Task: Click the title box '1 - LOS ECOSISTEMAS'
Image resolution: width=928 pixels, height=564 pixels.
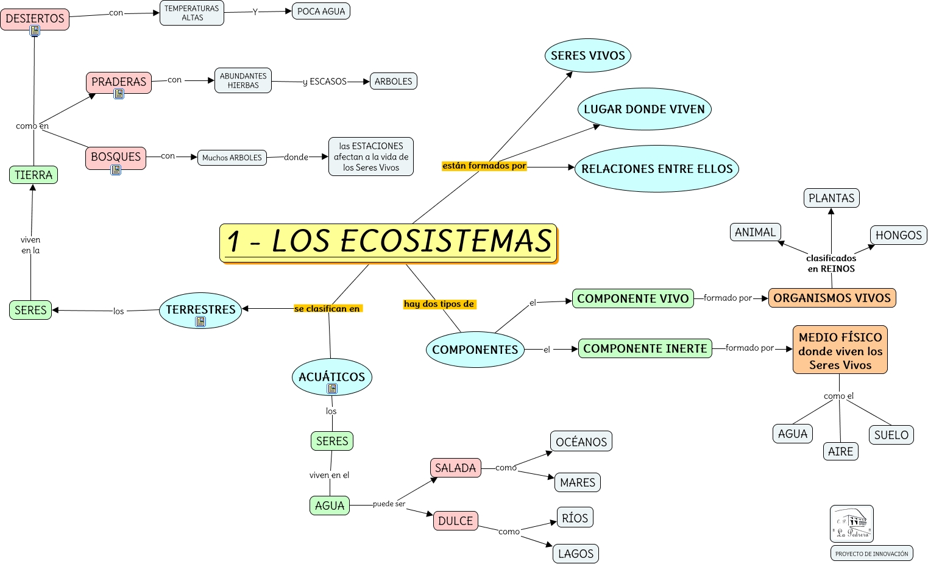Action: click(x=388, y=242)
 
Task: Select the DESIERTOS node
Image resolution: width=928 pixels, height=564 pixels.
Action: click(x=35, y=18)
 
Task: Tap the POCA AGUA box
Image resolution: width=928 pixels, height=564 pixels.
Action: click(x=321, y=11)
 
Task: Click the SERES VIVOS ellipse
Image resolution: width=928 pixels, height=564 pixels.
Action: click(x=587, y=55)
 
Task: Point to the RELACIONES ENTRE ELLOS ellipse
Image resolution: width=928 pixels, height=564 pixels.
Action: click(x=656, y=169)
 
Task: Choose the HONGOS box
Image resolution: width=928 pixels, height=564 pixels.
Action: click(x=898, y=235)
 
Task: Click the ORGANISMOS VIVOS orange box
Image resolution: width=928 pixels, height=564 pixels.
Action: click(x=832, y=298)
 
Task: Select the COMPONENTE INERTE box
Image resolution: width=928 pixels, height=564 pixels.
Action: click(x=645, y=348)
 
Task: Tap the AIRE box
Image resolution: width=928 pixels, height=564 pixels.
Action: click(x=840, y=451)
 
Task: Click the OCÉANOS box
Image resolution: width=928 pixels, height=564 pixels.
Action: click(x=581, y=442)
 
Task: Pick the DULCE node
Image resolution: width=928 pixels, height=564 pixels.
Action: click(x=455, y=521)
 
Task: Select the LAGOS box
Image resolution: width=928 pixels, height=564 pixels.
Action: click(x=575, y=554)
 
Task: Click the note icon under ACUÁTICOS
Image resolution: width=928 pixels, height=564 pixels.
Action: click(x=332, y=389)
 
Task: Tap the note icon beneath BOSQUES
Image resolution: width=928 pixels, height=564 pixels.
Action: click(x=116, y=170)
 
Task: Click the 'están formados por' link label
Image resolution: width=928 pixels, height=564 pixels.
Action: click(x=484, y=166)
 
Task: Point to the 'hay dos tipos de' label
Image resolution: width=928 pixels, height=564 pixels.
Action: click(x=439, y=304)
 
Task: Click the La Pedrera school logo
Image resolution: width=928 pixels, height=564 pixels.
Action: click(x=851, y=524)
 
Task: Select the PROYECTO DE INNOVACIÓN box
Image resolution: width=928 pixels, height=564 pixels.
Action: click(x=871, y=554)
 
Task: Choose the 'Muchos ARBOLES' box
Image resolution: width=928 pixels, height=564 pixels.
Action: click(x=232, y=158)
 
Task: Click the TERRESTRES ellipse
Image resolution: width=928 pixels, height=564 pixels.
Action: click(x=200, y=309)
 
